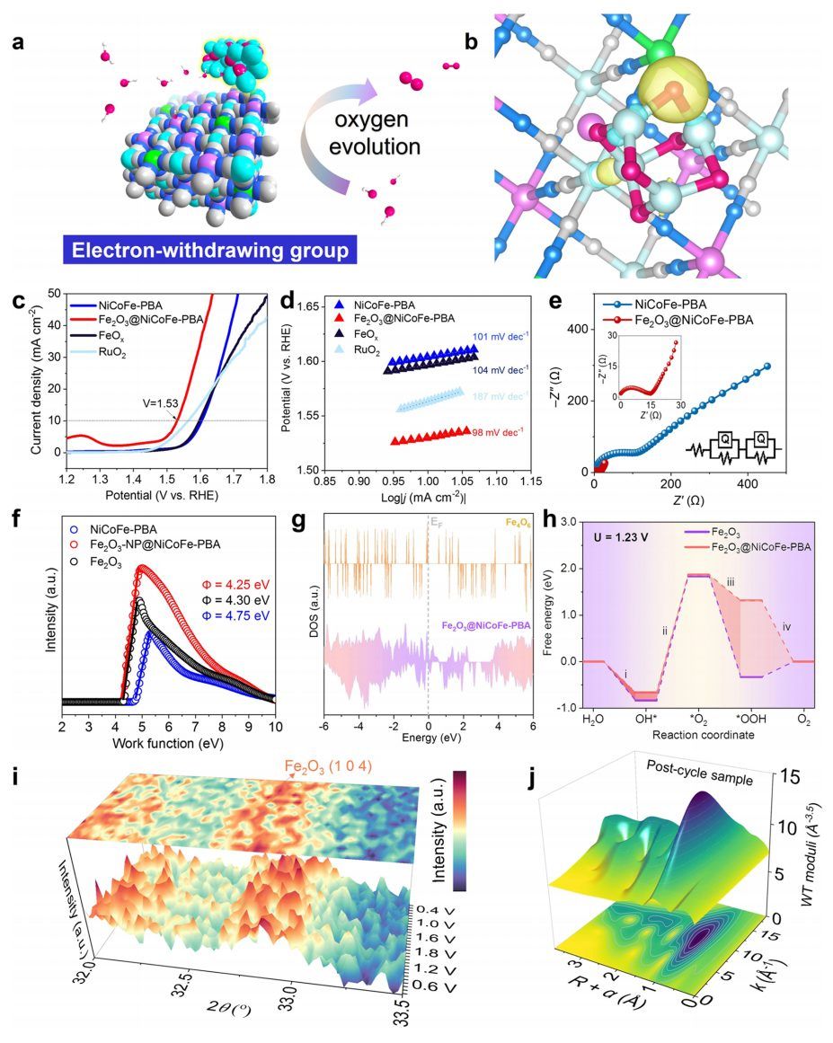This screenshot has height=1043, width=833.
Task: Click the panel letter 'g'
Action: pos(314,523)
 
